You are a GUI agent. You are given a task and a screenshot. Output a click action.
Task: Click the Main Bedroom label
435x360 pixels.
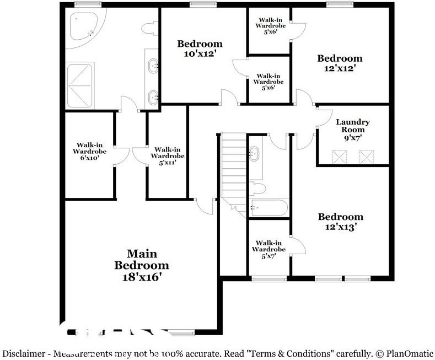coord(142,265)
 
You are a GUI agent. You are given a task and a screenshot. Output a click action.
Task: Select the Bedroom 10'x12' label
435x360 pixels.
coord(200,49)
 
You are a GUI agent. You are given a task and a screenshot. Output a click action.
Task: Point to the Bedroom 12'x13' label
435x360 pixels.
coord(341,222)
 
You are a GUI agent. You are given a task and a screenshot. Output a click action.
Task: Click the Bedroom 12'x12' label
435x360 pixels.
coord(340,63)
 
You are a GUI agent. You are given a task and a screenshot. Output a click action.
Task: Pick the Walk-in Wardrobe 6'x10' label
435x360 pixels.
coord(90,152)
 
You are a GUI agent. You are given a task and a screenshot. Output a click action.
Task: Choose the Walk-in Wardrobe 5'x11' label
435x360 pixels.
coord(168,156)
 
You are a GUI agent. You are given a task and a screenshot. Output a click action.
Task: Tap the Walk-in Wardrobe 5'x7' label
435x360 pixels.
coord(268,250)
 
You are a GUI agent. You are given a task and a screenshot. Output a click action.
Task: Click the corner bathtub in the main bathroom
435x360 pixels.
coord(84,26)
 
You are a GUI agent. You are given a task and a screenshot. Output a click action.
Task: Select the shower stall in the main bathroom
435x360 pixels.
coord(79,85)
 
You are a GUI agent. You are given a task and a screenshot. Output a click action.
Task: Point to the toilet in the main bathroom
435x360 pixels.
coord(150,28)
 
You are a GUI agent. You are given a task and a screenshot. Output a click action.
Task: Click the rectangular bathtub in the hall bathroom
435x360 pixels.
coord(268,207)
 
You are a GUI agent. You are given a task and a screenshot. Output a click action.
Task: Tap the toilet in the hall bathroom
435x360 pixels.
coord(257,189)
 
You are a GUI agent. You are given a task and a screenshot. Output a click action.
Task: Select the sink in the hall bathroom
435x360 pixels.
coord(254,154)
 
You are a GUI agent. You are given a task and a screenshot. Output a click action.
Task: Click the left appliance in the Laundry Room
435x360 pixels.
coord(340,157)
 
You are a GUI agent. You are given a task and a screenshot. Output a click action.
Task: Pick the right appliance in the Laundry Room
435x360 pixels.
coord(367,157)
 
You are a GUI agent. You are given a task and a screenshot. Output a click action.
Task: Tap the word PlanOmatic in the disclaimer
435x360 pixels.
coord(410,353)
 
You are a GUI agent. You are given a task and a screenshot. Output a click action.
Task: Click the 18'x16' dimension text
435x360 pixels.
coord(142,277)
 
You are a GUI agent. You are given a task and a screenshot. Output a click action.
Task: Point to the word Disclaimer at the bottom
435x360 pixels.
coord(24,353)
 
